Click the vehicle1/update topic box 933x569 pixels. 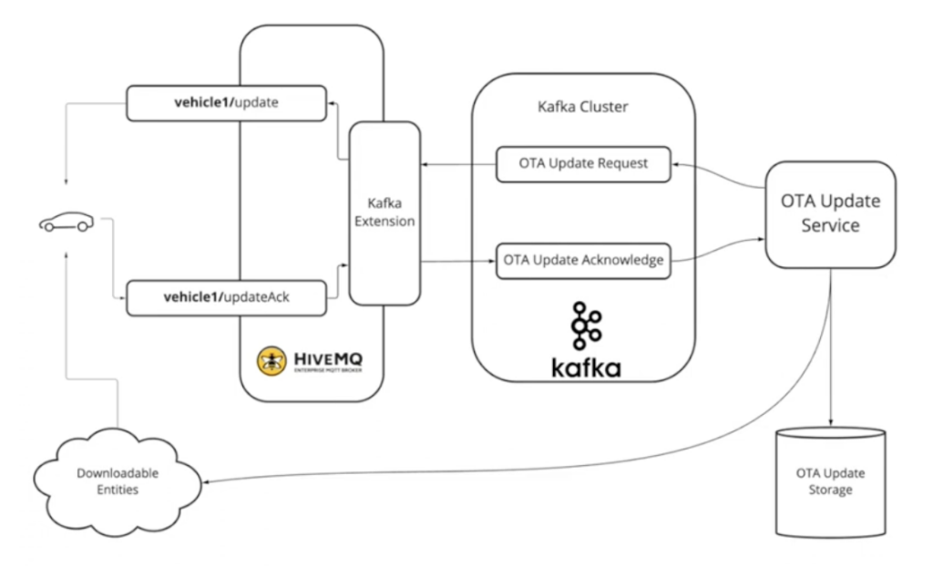[226, 103]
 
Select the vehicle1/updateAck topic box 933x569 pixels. [226, 298]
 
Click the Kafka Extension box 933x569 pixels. [384, 213]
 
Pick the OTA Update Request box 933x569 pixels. [583, 164]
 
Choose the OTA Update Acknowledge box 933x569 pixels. [583, 261]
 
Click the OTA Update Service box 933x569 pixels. [829, 214]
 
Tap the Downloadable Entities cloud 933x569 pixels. [108, 482]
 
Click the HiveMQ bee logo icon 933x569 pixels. [272, 361]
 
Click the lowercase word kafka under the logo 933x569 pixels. [586, 367]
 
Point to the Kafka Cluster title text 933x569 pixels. [582, 107]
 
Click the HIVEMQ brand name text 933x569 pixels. [330, 356]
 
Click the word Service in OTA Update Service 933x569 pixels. [829, 225]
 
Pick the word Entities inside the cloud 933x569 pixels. [108, 491]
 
